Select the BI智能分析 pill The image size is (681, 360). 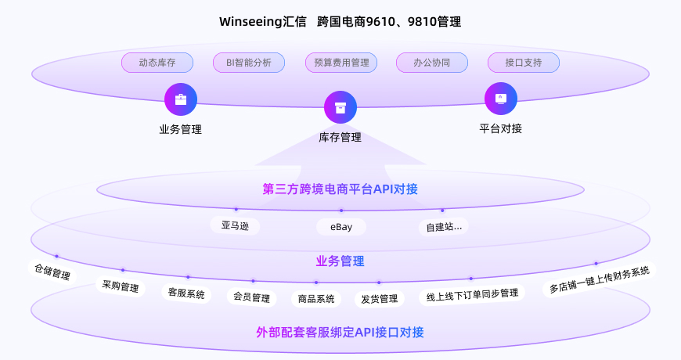(x=248, y=63)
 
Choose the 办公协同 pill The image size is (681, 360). (x=431, y=63)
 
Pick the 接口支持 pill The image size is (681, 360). (x=523, y=63)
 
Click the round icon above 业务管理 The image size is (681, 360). (x=181, y=99)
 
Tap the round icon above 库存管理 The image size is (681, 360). (x=340, y=107)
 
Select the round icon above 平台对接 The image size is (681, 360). (x=501, y=99)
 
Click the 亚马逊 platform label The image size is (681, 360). (x=235, y=226)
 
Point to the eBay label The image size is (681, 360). (x=340, y=227)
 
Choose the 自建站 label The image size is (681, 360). (x=444, y=227)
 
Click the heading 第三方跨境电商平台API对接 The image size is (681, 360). (x=340, y=189)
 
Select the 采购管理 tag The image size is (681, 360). (x=121, y=286)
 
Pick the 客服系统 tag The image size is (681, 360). (x=186, y=293)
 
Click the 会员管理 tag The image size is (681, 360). (x=251, y=297)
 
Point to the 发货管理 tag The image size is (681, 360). (x=380, y=298)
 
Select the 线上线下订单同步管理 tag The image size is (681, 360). (x=471, y=294)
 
